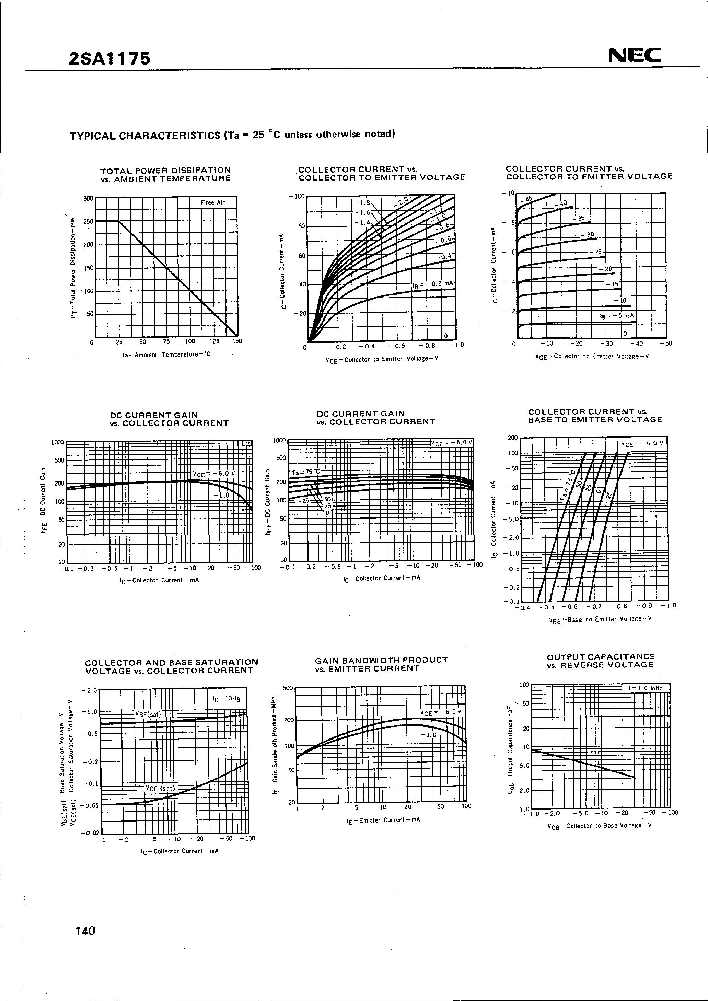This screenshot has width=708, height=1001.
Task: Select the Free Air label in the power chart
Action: click(x=213, y=202)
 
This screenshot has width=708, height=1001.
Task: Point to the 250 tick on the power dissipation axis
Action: click(x=89, y=221)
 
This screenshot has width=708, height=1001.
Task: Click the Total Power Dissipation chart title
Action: click(x=166, y=174)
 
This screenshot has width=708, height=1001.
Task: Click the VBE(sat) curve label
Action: click(x=148, y=714)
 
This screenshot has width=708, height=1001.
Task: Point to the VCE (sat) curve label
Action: click(x=160, y=788)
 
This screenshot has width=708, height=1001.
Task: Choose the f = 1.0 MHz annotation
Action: click(x=645, y=688)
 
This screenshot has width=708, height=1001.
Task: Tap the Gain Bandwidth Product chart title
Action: click(x=382, y=664)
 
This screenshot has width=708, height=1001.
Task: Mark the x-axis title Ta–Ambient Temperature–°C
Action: click(x=166, y=354)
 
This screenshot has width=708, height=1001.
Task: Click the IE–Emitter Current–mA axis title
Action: click(x=383, y=819)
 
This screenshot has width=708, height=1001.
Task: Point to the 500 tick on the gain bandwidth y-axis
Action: click(x=288, y=688)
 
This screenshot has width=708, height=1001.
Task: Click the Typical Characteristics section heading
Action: click(x=232, y=135)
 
